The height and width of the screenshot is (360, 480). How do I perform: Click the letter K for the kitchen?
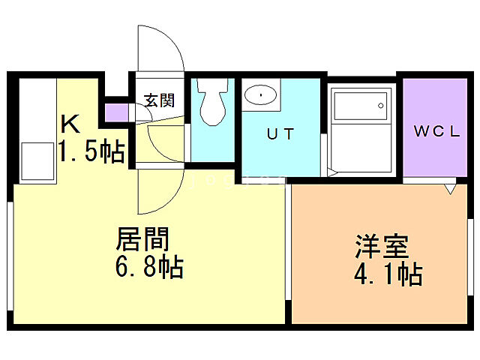click(69, 123)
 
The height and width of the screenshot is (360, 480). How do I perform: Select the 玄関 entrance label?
click(159, 100)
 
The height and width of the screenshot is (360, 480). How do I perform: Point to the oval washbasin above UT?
click(260, 95)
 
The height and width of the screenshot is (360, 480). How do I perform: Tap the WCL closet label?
click(437, 130)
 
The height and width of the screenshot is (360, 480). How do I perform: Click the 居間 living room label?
click(142, 239)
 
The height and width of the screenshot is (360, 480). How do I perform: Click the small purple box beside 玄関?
click(115, 112)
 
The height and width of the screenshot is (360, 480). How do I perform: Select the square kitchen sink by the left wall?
click(34, 160)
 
